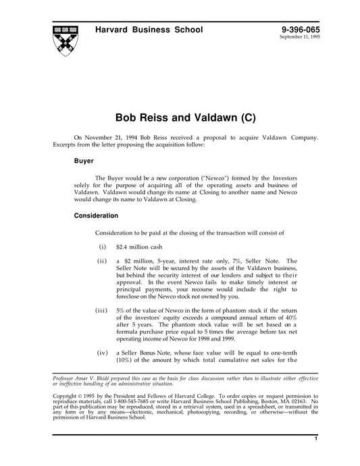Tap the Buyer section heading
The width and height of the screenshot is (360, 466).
(x=84, y=162)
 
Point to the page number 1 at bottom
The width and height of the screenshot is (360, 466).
(x=315, y=440)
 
